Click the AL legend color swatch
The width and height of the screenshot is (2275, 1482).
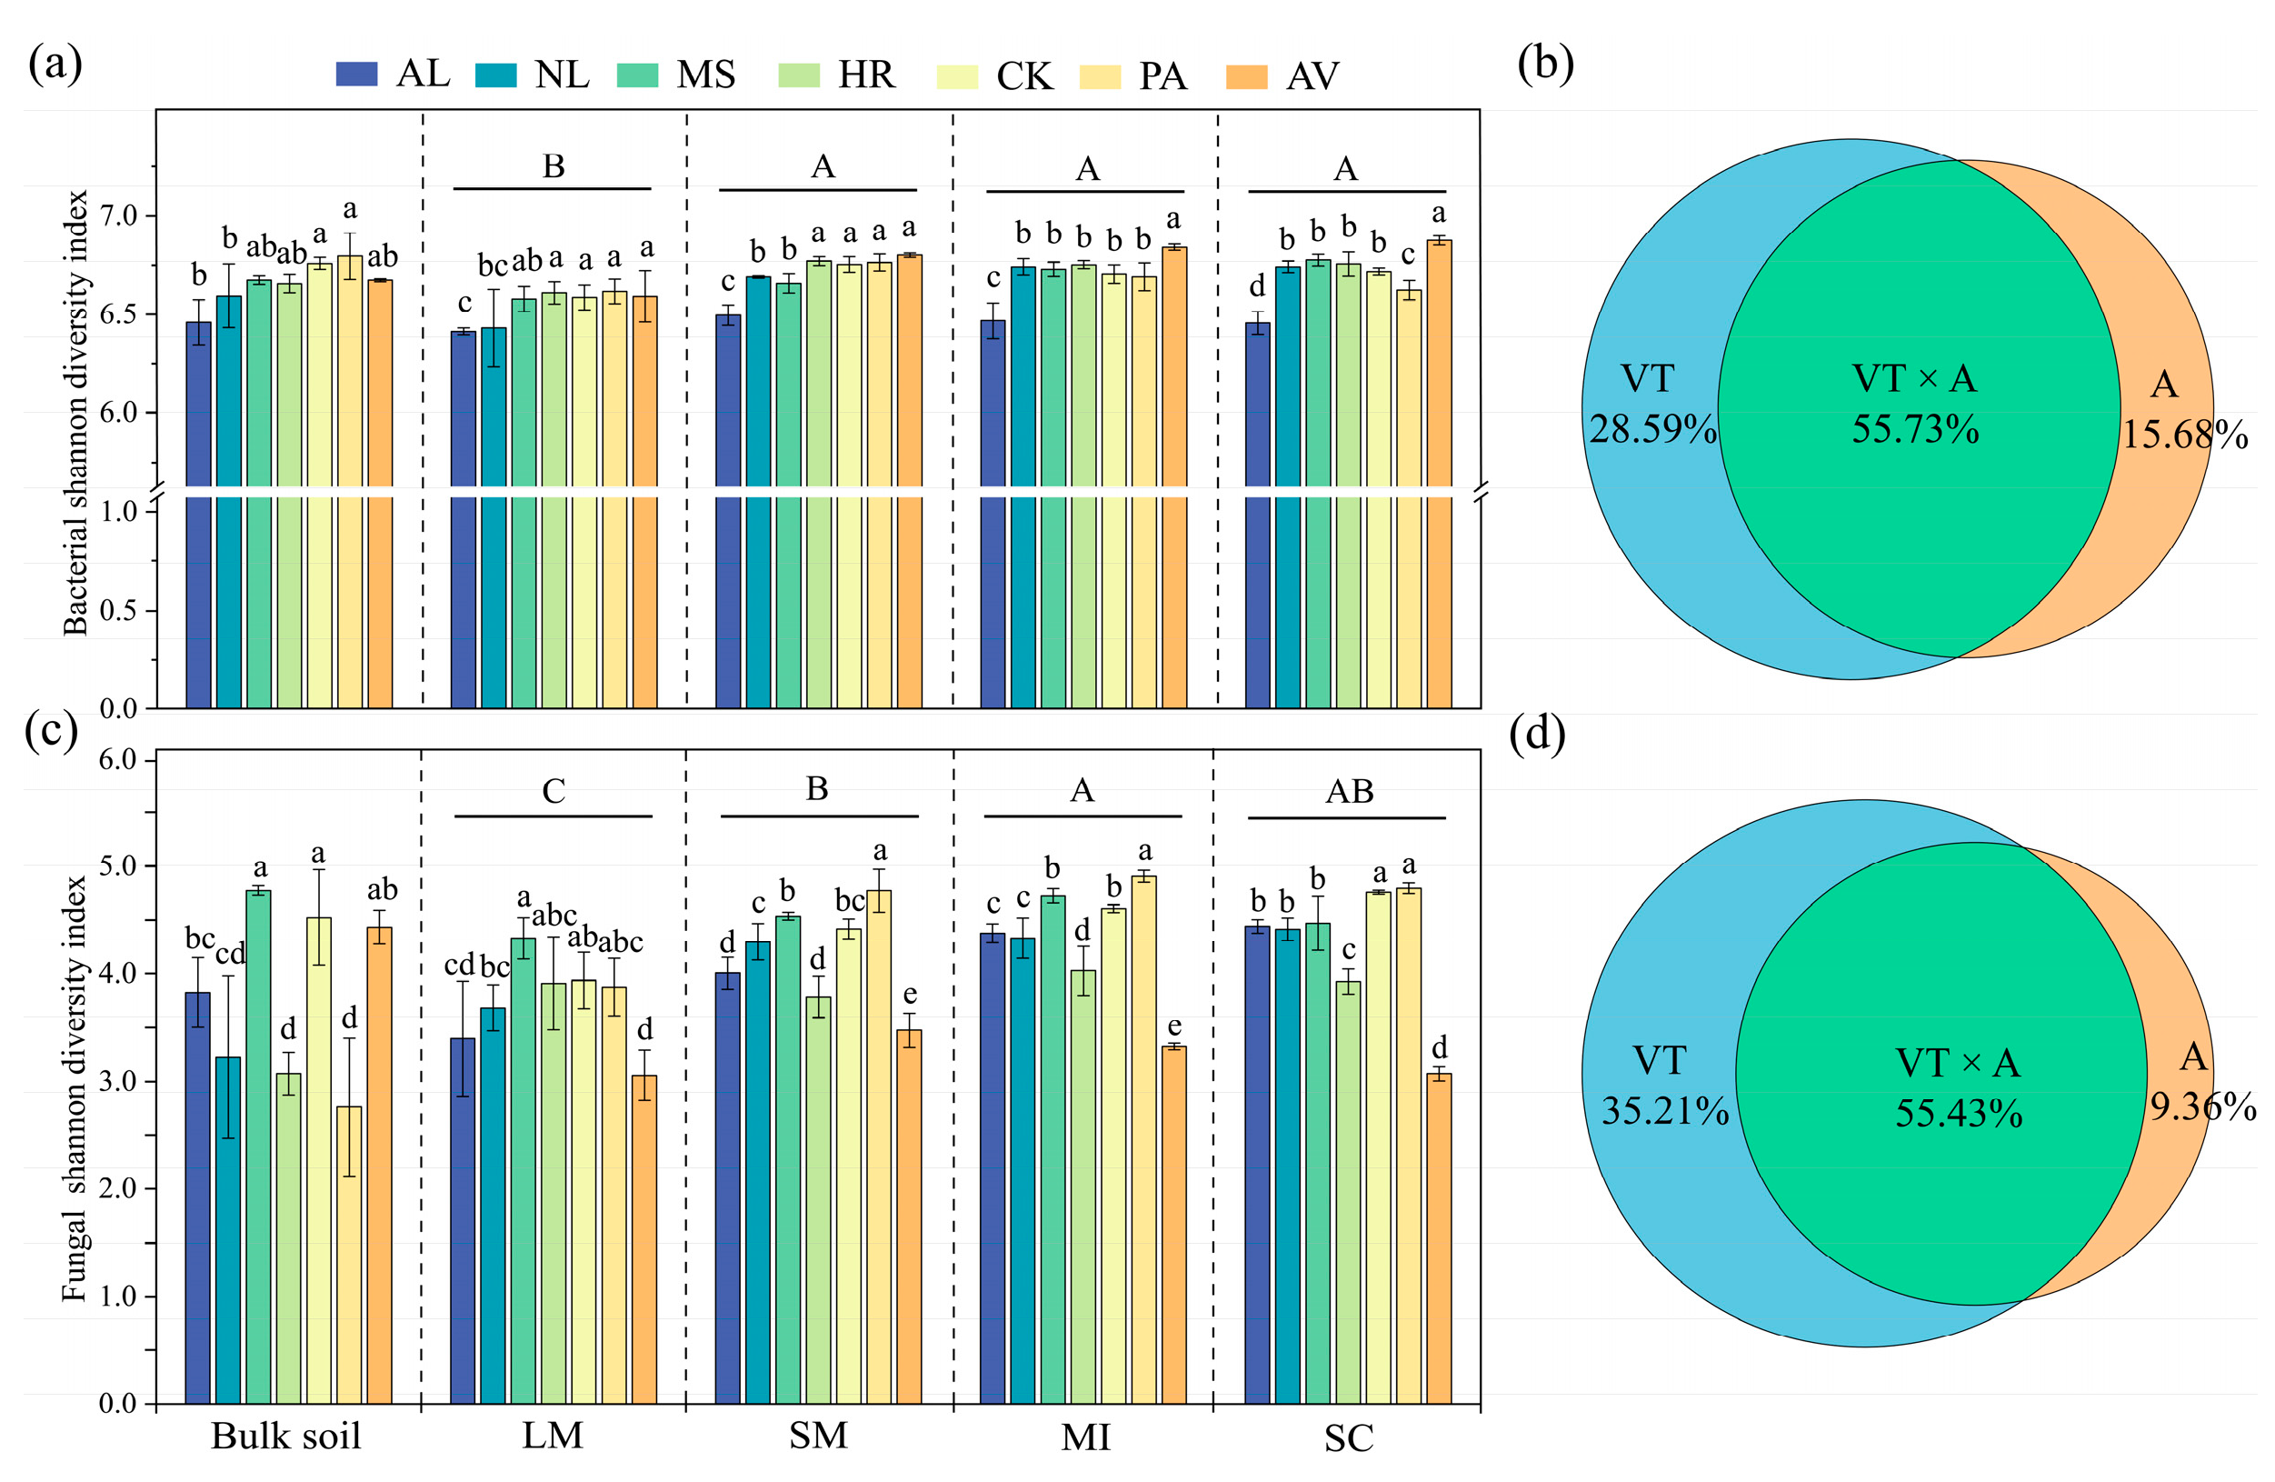(x=356, y=75)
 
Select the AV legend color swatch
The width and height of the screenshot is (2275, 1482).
(x=1246, y=76)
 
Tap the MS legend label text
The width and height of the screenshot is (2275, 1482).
(x=705, y=75)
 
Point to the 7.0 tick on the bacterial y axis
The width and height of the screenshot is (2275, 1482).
(x=118, y=215)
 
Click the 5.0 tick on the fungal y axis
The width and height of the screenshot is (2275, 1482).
(x=118, y=866)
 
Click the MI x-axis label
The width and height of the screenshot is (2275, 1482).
(x=1085, y=1437)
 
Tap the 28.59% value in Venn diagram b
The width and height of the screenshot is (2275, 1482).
(x=1652, y=429)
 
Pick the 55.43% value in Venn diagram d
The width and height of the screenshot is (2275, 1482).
(x=1959, y=1113)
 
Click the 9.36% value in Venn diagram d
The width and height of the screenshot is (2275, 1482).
(x=2202, y=1106)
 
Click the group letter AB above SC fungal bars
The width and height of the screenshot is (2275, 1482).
(x=1349, y=792)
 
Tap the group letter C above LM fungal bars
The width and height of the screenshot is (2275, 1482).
(x=554, y=791)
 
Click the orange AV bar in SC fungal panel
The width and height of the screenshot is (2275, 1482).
(x=1439, y=1243)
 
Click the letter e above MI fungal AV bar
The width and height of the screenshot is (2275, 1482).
(x=1173, y=1026)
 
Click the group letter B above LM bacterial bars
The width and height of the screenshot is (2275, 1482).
(x=554, y=166)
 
